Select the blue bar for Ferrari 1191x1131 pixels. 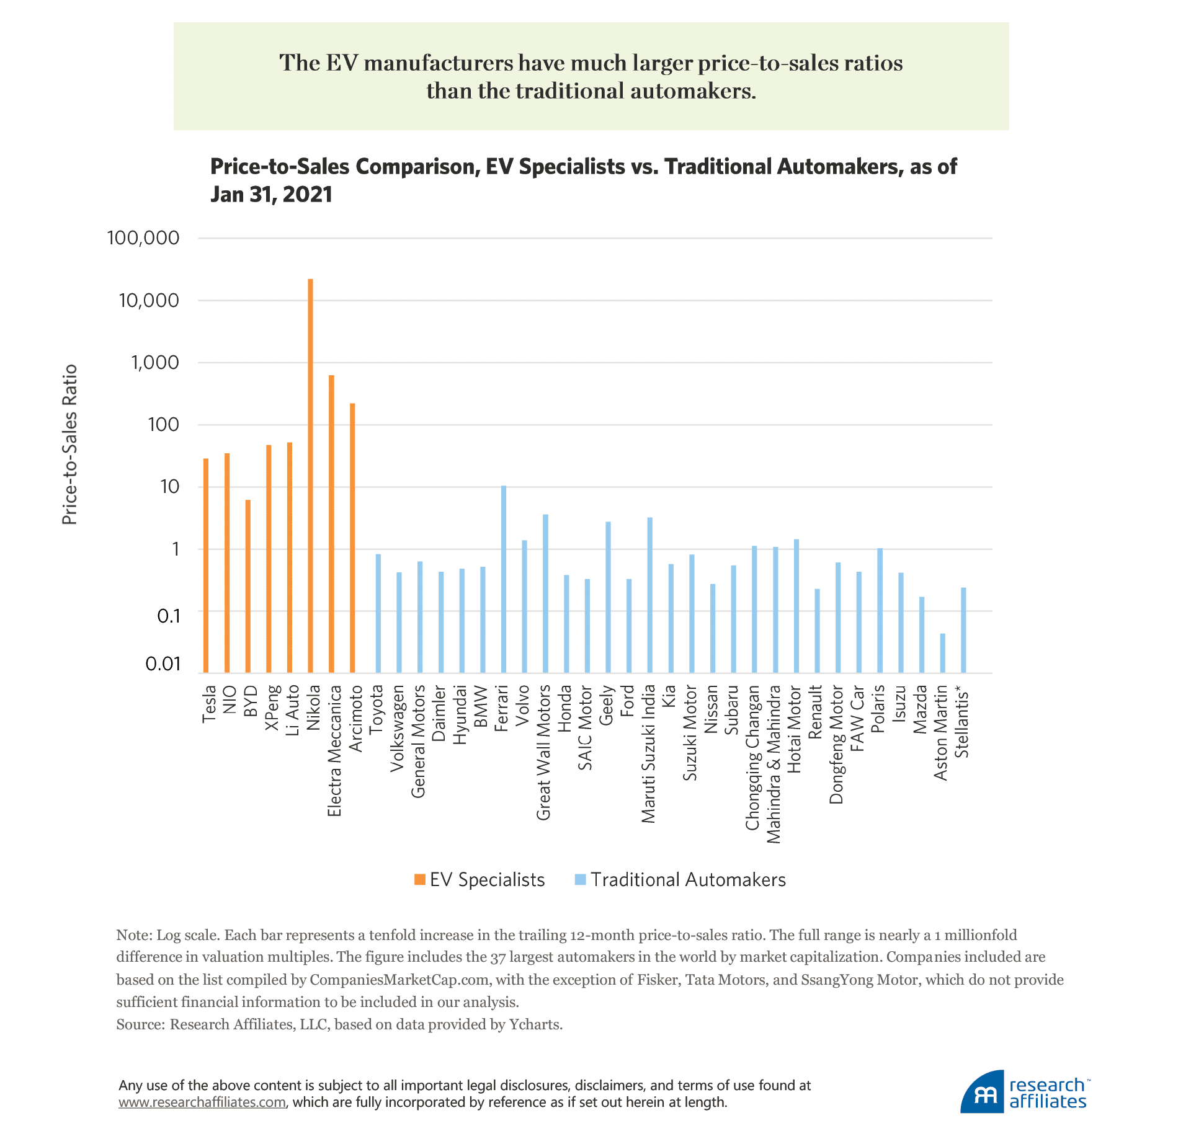pos(504,579)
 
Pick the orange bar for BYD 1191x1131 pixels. pos(248,586)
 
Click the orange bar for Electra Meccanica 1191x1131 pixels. pos(332,524)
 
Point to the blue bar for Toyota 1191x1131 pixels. pos(378,613)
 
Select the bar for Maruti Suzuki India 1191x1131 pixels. pos(650,595)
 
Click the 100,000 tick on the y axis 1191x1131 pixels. pos(143,238)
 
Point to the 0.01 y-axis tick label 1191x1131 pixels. pos(163,664)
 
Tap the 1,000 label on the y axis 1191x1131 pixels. pos(154,363)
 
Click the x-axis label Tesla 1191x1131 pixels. pos(210,704)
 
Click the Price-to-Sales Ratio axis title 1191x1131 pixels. pos(70,445)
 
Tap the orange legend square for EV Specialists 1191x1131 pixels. pos(420,880)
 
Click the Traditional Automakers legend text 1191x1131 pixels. pos(688,880)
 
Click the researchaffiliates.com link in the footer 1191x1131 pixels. pos(202,1102)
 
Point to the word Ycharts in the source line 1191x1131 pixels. pos(535,1024)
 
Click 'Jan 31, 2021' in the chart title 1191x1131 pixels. pos(272,194)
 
